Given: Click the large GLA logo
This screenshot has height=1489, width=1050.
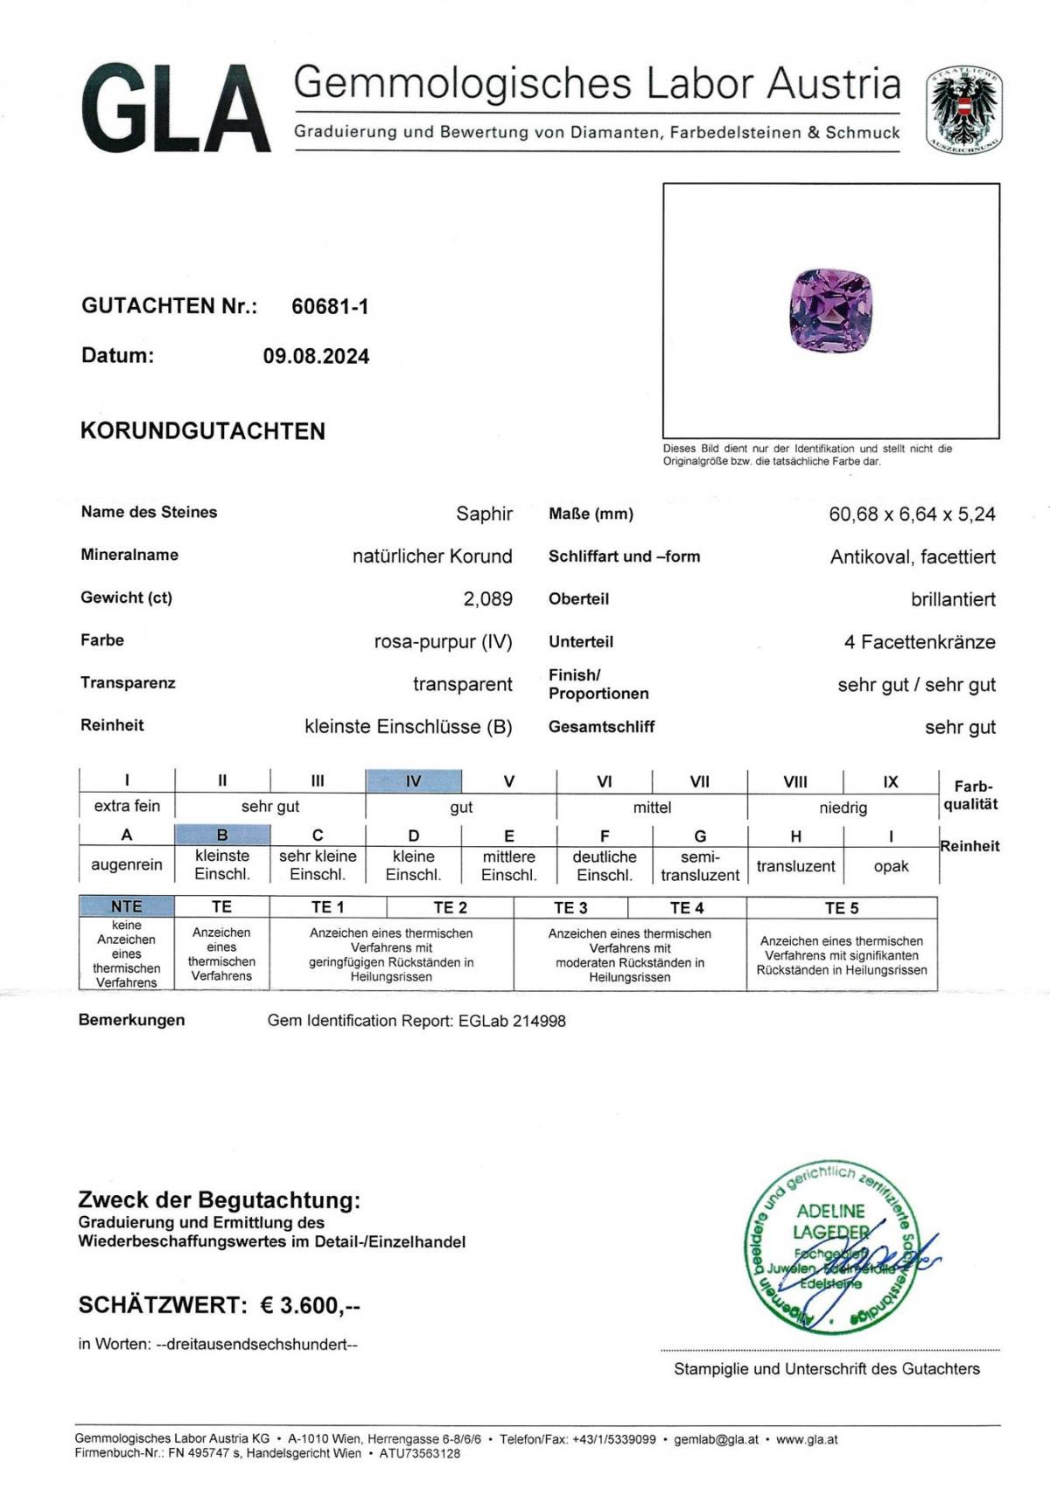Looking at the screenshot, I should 175,109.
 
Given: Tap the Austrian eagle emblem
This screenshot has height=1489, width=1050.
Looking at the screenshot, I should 964,110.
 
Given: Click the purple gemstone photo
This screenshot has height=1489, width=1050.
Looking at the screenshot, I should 830,311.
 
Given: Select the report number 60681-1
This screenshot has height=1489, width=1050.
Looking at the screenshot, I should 330,306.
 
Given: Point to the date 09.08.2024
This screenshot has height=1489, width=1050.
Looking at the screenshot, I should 316,356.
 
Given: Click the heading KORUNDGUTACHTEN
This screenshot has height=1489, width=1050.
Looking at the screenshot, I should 203,431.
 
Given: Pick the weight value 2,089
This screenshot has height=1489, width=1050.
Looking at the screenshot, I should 487,599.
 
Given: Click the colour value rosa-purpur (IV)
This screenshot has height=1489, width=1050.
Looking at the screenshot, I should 443,641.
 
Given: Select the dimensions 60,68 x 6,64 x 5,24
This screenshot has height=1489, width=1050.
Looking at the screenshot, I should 912,514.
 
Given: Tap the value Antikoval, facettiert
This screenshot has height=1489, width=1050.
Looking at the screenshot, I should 913,556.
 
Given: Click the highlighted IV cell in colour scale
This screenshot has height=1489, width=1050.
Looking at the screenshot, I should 413,781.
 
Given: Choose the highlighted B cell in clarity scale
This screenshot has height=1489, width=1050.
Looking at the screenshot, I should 222,835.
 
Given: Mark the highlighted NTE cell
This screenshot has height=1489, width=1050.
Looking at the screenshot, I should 126,907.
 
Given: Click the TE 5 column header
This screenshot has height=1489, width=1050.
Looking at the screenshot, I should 842,908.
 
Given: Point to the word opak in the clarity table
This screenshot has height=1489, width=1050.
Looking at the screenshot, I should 891,866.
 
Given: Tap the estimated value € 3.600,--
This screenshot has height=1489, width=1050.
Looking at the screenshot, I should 311,1305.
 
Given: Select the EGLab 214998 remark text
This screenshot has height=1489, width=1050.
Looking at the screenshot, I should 512,1021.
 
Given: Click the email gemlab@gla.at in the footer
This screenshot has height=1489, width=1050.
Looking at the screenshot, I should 716,1439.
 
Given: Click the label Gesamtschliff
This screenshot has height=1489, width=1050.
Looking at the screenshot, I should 601,727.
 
